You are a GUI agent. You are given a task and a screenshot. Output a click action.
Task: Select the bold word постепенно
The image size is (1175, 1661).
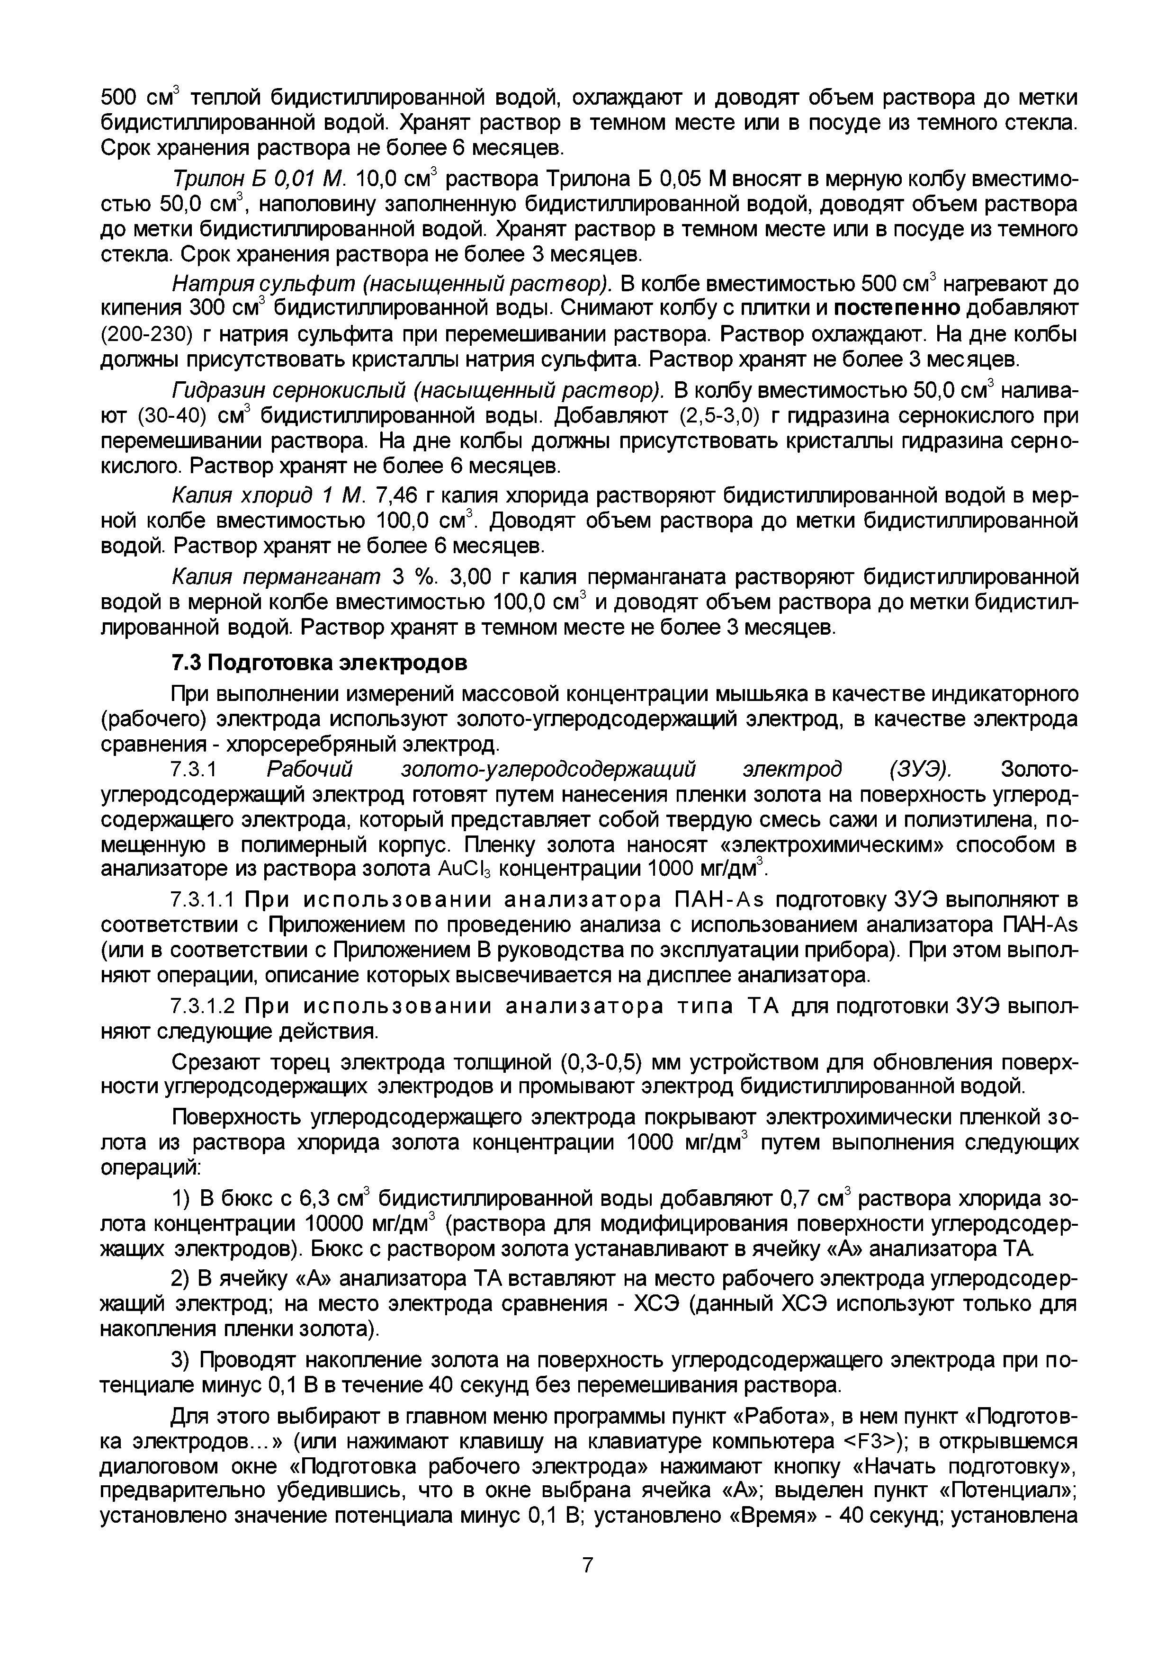coord(897,308)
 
